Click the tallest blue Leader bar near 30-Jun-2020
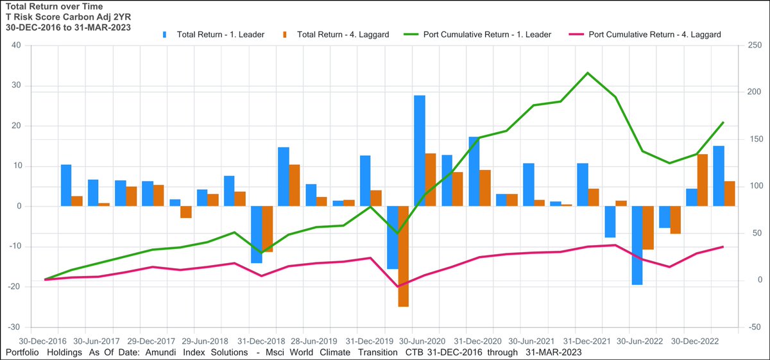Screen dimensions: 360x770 [419, 151]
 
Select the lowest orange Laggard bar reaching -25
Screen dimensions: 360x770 [404, 256]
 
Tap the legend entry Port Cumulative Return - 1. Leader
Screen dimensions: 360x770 [487, 34]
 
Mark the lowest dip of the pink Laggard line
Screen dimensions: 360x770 [398, 287]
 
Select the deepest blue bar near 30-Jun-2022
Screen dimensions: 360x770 [637, 245]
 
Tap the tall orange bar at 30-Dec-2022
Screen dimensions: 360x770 [703, 180]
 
